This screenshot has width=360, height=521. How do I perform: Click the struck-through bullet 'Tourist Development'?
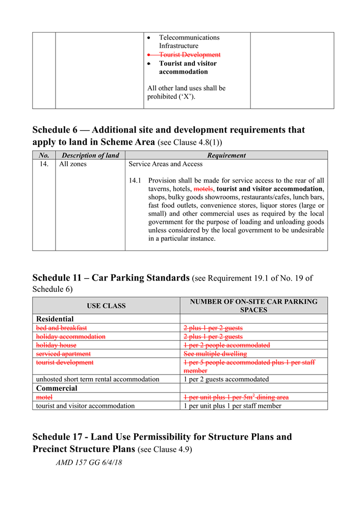pos(189,55)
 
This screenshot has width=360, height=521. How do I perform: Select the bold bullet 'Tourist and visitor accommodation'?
pos(187,67)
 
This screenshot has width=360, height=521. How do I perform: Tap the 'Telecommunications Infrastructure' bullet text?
pos(189,41)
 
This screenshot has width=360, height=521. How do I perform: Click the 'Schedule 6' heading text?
pos(168,136)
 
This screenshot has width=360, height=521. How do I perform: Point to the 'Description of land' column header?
pos(90,155)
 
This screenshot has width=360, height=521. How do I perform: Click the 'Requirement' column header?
pos(226,155)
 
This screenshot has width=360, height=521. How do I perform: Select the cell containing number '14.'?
pos(44,164)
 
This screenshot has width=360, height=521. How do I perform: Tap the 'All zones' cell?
pos(73,164)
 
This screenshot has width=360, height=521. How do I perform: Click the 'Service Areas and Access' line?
pos(165,164)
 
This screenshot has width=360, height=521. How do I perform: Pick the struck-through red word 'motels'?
pos(203,189)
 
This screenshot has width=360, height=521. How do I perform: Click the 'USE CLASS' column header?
pos(106,306)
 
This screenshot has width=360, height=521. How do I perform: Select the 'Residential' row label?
pos(55,319)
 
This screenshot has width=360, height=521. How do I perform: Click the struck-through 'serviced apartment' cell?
pos(63,354)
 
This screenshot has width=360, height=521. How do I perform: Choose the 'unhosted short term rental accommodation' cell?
pos(97,379)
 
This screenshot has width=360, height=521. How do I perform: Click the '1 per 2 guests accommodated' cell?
pos(226,379)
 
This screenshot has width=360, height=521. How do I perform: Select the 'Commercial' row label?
pos(57,388)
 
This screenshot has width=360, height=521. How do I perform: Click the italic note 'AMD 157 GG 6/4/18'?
pos(89,463)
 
